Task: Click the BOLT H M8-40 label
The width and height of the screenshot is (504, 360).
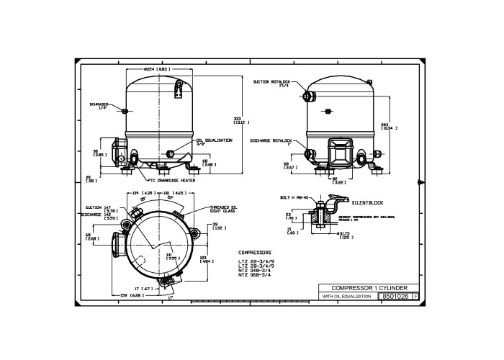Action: pyautogui.click(x=294, y=197)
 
